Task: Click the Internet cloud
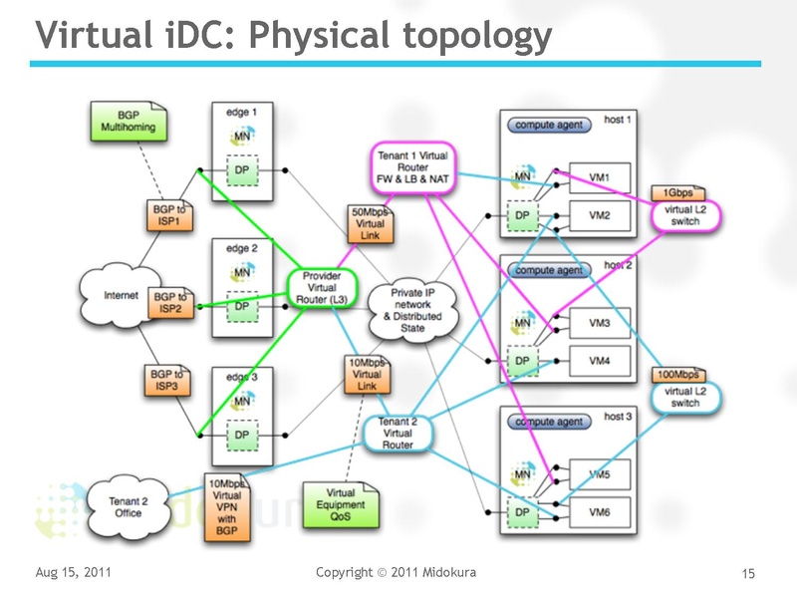109,294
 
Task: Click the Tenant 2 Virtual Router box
398,433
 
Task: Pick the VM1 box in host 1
599,178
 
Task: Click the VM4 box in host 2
599,361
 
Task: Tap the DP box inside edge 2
240,306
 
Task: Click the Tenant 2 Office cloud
128,506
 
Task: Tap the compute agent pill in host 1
547,126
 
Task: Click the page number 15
749,573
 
